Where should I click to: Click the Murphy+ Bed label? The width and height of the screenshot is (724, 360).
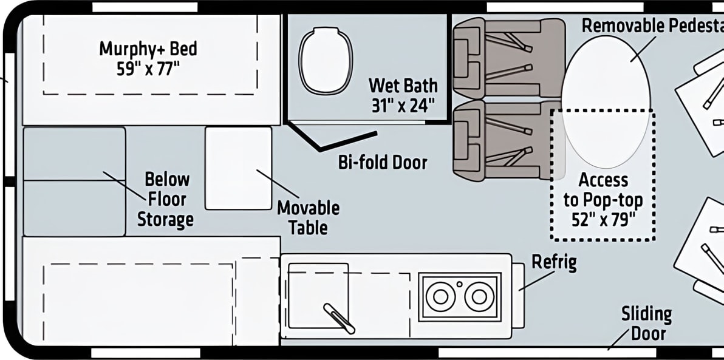click(148, 49)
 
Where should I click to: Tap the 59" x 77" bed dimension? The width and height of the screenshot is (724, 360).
click(148, 69)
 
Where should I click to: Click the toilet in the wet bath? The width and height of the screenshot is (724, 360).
click(326, 61)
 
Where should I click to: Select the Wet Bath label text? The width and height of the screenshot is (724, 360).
click(403, 86)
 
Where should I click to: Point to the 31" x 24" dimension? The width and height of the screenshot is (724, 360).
click(403, 106)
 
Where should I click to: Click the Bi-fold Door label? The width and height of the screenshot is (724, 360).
click(383, 162)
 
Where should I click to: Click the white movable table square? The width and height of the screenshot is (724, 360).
click(238, 168)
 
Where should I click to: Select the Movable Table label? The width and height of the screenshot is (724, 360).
click(308, 217)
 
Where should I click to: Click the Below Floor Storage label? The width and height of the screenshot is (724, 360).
click(165, 199)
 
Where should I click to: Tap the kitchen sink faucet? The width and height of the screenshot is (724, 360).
click(340, 319)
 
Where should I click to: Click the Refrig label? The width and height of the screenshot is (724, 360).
click(554, 262)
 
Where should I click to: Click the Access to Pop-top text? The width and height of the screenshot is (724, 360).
click(603, 189)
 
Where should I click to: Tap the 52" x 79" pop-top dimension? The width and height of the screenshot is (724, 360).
click(603, 220)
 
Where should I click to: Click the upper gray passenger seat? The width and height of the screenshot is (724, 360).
click(508, 58)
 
